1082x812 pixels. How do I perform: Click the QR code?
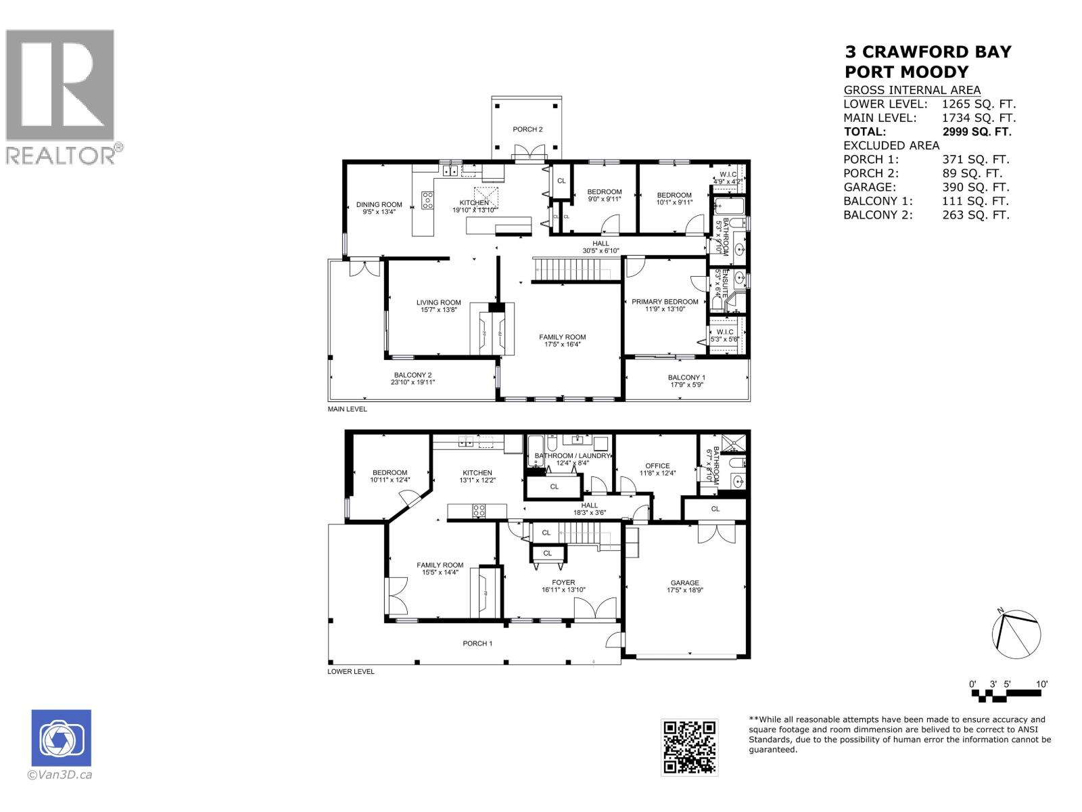(689, 747)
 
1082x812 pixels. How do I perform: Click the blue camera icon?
(61, 738)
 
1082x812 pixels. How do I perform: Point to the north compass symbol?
(1016, 633)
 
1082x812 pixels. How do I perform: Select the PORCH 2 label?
(527, 129)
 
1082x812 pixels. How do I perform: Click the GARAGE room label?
(685, 583)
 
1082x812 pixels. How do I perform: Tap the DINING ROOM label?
(379, 204)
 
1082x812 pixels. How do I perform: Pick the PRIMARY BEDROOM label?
(665, 302)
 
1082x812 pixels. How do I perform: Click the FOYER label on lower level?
(563, 582)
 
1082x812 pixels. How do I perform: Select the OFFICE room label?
(657, 466)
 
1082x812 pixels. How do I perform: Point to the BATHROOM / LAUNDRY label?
(572, 456)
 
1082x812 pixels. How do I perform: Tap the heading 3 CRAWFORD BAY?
(928, 52)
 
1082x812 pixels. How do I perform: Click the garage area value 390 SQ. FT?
(975, 187)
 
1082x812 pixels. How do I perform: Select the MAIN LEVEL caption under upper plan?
(348, 409)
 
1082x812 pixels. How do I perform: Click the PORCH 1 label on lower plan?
(477, 644)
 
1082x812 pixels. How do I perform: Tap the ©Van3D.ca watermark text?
(60, 775)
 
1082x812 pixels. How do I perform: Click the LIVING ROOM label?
(438, 302)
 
